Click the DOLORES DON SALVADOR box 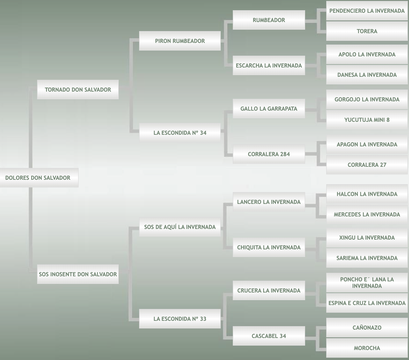pos(39,177)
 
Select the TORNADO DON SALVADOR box pos(78,90)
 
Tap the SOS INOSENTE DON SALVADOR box pos(78,274)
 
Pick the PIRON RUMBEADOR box pos(180,41)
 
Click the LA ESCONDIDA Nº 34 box pos(180,132)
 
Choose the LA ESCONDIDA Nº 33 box pos(180,319)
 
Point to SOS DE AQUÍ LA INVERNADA pos(180,227)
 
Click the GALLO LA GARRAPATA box pos(269,108)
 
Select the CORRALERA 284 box pos(269,154)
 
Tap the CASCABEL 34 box pos(269,336)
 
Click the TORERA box pos(367,31)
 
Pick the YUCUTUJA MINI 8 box pos(367,120)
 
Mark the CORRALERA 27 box pos(367,165)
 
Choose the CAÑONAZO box pos(367,327)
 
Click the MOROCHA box pos(367,348)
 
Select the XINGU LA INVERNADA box pos(367,238)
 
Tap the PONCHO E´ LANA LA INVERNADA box pos(367,282)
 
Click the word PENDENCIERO pos(349,11)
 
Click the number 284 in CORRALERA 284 pos(285,154)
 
